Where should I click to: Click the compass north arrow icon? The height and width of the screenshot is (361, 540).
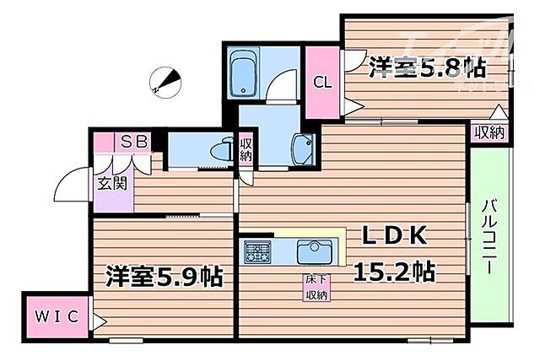(164, 82)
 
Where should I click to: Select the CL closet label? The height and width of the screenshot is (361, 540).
(321, 83)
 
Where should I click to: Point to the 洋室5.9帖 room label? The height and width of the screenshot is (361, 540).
(164, 277)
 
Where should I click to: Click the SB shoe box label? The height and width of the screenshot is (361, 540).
(135, 142)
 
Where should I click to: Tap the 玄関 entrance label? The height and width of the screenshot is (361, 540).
(110, 182)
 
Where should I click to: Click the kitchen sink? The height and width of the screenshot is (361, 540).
(315, 251)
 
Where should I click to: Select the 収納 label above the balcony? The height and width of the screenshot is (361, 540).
(489, 132)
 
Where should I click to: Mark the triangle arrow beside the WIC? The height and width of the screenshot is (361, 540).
(100, 321)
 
